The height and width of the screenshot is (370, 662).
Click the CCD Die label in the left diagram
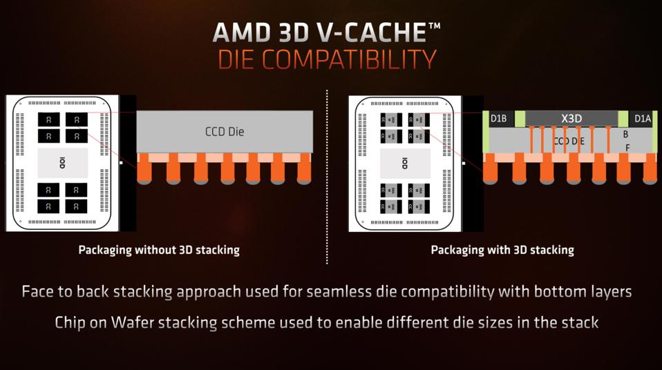coord(225,131)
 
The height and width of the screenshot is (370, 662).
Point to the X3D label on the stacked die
coord(571,118)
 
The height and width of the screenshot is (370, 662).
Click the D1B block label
coord(499,119)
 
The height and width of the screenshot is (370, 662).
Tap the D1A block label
coord(643,119)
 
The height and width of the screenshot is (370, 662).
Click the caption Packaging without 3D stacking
coord(159,250)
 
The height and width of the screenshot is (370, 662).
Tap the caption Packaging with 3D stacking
coord(502,250)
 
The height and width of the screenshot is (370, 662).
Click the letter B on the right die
coord(626,135)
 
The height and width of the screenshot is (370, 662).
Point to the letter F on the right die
coord(627,148)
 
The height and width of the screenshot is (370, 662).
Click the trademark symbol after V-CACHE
coord(434,26)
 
